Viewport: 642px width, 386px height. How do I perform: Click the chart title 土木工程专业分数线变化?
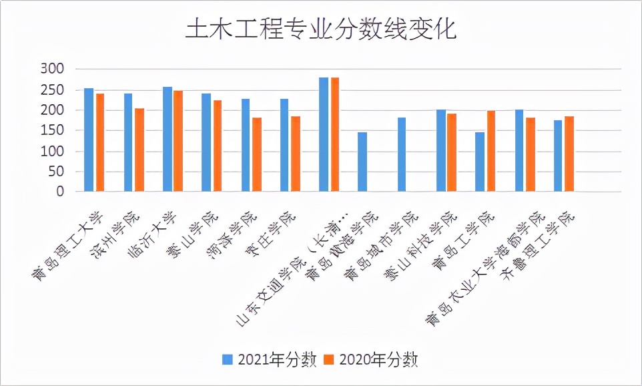tap(320, 31)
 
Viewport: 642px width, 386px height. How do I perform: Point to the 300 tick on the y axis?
tap(51, 69)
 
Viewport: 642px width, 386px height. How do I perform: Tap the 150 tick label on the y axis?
tap(51, 130)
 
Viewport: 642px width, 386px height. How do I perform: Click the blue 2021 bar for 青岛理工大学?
tap(89, 140)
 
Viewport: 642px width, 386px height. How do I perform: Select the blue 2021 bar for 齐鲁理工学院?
tap(558, 156)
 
